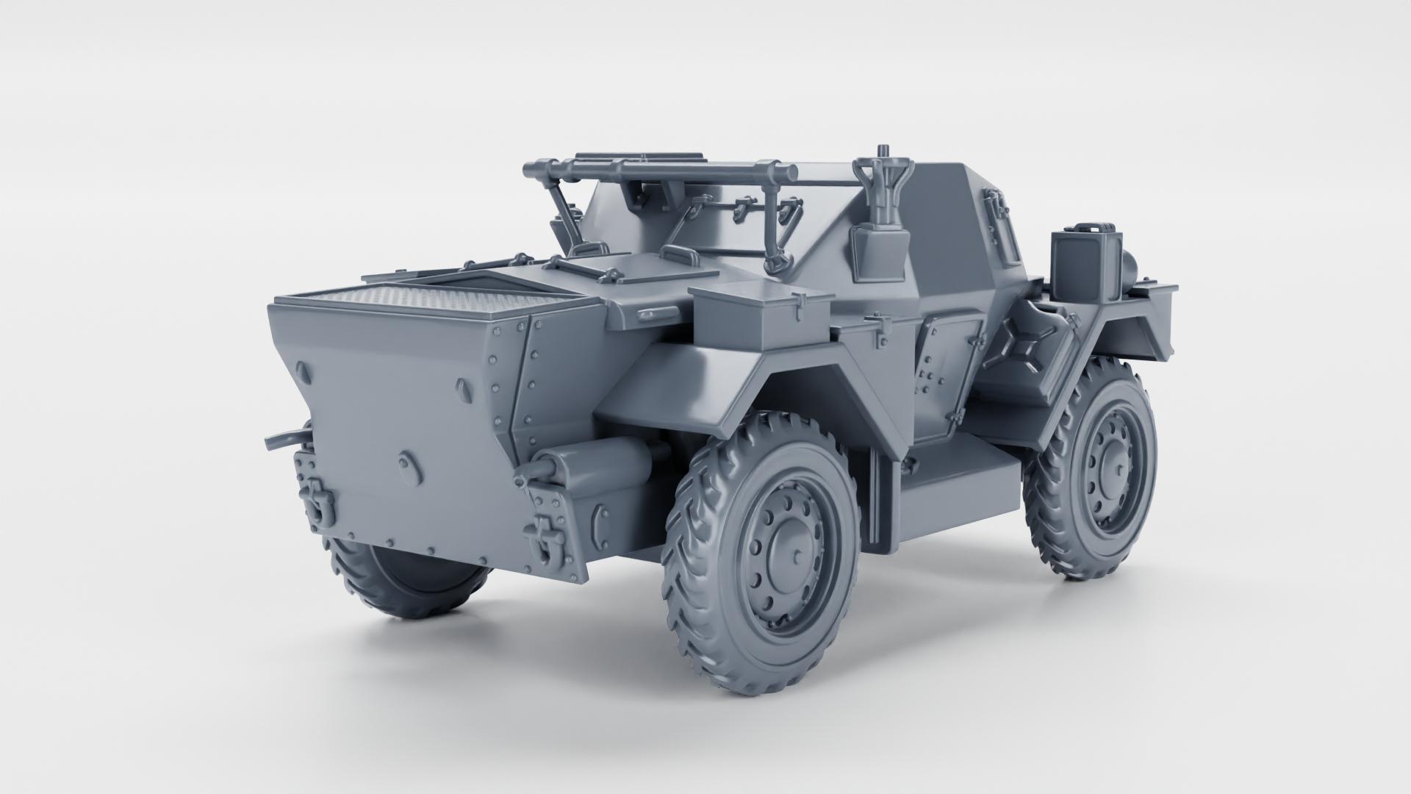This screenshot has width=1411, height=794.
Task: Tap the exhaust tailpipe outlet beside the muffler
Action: pyautogui.click(x=544, y=466)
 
